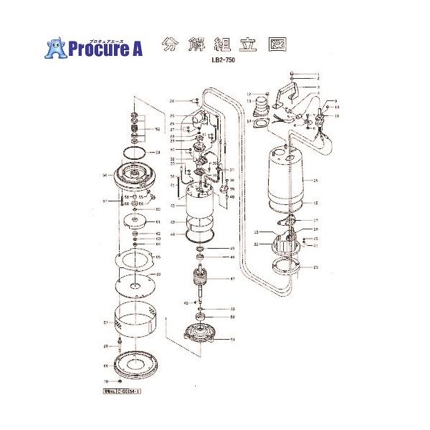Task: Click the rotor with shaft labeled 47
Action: pos(203,282)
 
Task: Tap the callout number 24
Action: pos(172,102)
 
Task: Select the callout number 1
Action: pos(316,74)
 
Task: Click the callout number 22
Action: pos(257,245)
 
